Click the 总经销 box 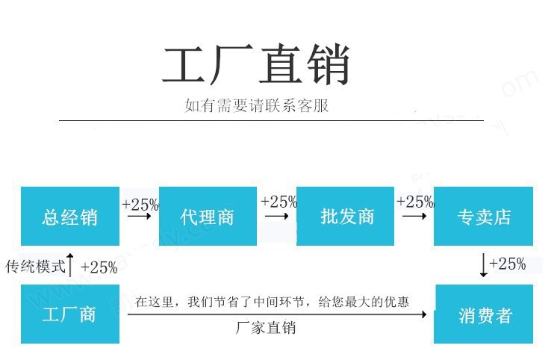69,217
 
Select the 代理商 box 207,217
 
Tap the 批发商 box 346,217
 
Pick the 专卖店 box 483,217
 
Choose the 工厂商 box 69,314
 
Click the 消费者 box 483,314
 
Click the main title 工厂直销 256,67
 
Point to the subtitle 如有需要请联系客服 257,106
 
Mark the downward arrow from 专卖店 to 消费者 483,265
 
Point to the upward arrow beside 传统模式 71,265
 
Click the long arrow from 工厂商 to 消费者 276,314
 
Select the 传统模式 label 35,267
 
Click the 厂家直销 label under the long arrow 266,329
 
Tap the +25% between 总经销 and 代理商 140,203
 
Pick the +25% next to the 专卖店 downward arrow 508,264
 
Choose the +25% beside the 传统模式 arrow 99,267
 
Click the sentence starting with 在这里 272,302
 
